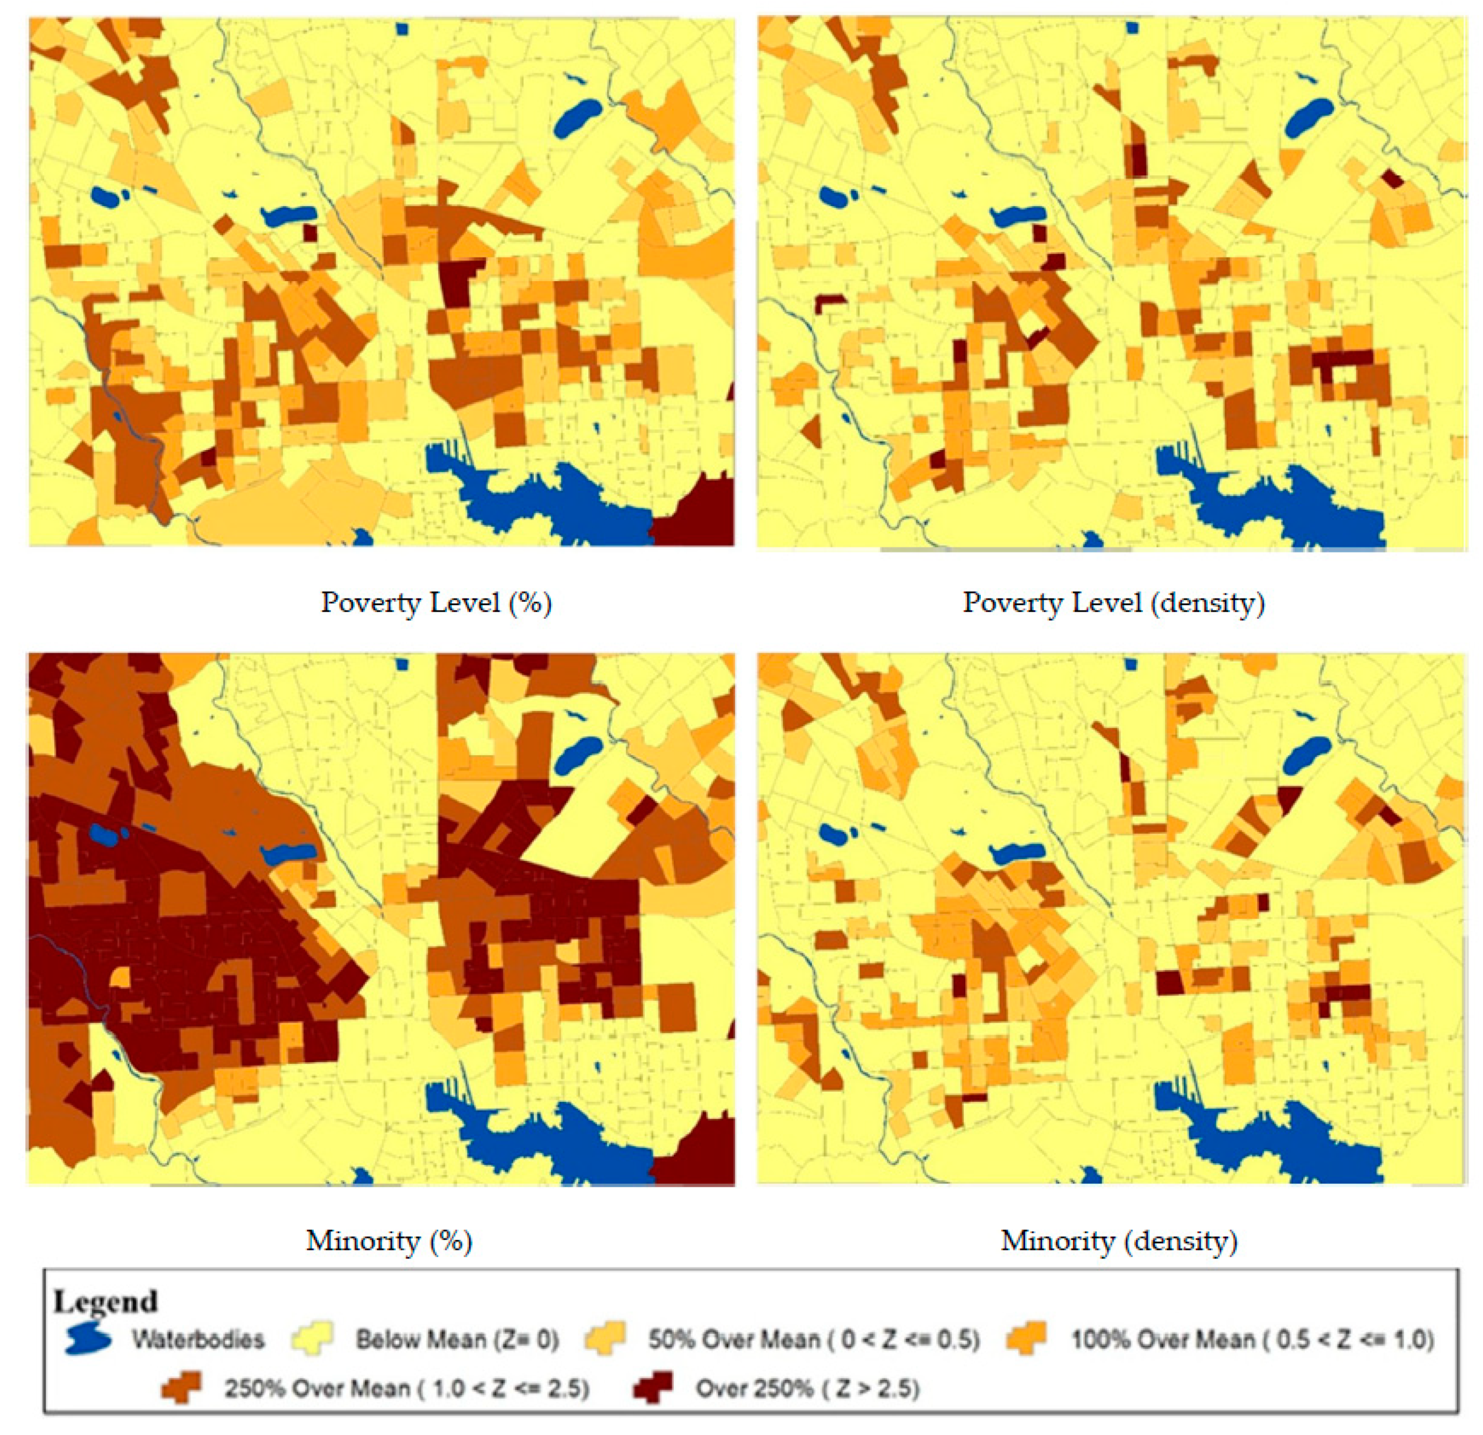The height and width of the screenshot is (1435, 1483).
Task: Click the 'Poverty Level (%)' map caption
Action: coord(436,603)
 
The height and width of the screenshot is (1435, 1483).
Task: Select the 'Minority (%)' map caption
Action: coord(389,1240)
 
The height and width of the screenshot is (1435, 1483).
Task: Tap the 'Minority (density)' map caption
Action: coord(1118,1240)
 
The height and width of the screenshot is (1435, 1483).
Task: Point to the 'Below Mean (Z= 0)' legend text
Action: coord(457,1340)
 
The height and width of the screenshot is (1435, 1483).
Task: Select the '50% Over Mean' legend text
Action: coord(814,1340)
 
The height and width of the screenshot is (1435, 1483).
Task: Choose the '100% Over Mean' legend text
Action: coord(1252,1340)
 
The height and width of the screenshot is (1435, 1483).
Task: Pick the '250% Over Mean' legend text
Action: coord(406,1388)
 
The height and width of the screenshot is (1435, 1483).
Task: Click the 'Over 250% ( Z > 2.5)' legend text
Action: coord(808,1388)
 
